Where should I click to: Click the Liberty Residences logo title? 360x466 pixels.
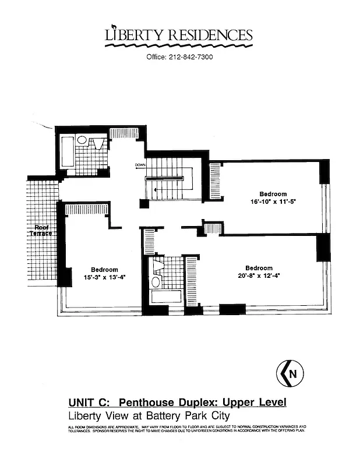pos(179,36)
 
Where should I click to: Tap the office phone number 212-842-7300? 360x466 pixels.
pos(179,57)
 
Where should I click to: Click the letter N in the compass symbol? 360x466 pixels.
pos(292,374)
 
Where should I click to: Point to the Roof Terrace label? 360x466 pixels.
pos(43,230)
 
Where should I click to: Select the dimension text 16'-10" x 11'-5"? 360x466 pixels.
pos(273,203)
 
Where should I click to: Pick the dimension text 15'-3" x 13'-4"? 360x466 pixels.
pos(104,277)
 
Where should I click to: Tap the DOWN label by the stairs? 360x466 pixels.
pos(140,165)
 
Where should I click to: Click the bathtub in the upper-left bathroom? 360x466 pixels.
pos(66,153)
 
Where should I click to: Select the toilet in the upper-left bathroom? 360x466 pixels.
pos(82,141)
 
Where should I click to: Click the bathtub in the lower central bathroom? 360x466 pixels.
pos(167,296)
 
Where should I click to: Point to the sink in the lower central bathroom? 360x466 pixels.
pos(156,282)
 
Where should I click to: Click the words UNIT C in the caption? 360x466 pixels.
pos(89,403)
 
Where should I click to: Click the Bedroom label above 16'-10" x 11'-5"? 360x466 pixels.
pos(273,194)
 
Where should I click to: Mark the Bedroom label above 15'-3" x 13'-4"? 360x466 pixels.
pos(104,269)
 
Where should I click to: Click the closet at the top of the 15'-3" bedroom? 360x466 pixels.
pos(87,209)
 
